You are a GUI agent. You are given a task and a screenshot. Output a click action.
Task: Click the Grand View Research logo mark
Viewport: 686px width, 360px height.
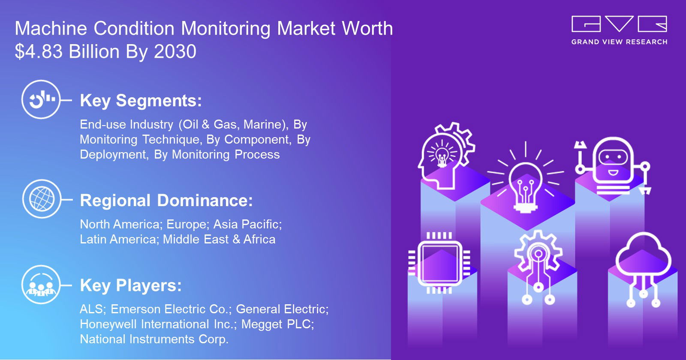[619, 24]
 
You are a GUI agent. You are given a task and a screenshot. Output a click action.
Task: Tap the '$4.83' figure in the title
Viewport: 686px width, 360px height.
[39, 51]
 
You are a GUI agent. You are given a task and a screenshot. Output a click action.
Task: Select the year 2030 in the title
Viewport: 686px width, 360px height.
[175, 51]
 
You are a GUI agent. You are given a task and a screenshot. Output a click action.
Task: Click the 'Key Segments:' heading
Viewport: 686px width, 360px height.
[141, 100]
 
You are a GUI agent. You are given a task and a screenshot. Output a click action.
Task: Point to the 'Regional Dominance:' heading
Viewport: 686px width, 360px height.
[166, 201]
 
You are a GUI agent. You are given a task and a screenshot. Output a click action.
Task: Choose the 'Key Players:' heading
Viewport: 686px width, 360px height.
[131, 285]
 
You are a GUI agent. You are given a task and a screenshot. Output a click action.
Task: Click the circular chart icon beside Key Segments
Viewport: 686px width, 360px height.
[41, 99]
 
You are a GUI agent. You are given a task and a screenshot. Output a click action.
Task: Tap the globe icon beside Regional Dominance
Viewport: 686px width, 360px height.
[42, 199]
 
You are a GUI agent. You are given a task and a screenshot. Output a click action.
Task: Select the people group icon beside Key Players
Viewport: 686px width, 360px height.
[41, 285]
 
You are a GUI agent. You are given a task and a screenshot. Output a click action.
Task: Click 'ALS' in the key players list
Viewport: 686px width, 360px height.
[91, 309]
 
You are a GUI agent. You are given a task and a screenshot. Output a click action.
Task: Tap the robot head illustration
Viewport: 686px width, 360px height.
[613, 165]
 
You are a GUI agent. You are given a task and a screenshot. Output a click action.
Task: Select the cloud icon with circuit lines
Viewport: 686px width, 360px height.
[643, 270]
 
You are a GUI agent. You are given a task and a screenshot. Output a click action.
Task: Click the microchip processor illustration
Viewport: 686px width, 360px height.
[439, 263]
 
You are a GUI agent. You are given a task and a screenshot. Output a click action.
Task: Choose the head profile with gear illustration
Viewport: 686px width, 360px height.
[446, 156]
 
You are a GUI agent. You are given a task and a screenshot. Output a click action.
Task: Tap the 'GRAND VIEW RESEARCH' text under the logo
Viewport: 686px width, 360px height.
[619, 42]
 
